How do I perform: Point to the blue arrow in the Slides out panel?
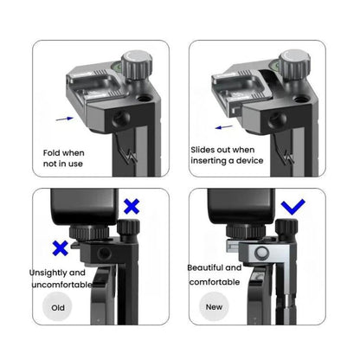click(227, 126)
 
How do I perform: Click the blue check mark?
click(294, 207)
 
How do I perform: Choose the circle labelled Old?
click(57, 306)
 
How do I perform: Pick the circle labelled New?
click(213, 306)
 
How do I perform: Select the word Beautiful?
click(208, 267)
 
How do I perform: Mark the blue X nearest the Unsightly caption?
click(60, 248)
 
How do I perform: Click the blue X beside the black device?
click(132, 207)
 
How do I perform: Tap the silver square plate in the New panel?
click(259, 253)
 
